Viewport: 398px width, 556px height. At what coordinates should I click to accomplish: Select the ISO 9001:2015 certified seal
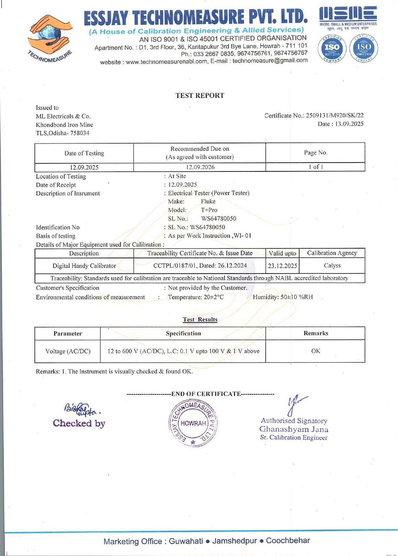pyautogui.click(x=332, y=48)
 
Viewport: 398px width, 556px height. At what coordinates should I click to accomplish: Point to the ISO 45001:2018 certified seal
pyautogui.click(x=363, y=48)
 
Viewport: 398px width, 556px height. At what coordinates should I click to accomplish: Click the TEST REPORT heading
pyautogui.click(x=200, y=96)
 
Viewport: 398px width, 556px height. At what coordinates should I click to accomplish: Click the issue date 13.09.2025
pyautogui.click(x=349, y=124)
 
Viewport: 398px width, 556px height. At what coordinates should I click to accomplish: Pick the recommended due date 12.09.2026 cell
pyautogui.click(x=200, y=167)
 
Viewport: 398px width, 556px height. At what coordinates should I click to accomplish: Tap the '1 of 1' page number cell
pyautogui.click(x=315, y=167)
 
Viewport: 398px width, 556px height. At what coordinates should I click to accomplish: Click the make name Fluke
pyautogui.click(x=208, y=201)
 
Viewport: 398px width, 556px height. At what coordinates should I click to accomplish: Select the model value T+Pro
pyautogui.click(x=209, y=210)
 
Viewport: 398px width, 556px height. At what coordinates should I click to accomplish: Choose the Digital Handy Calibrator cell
pyautogui.click(x=84, y=266)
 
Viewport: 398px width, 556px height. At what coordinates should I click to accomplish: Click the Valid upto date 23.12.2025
pyautogui.click(x=282, y=266)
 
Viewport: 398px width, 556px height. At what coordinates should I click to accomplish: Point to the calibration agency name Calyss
pyautogui.click(x=332, y=265)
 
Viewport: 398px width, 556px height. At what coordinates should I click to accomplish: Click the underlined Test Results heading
pyautogui.click(x=200, y=320)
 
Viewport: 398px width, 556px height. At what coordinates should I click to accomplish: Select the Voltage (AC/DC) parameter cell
pyautogui.click(x=68, y=351)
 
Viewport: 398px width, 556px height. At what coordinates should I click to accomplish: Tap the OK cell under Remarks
pyautogui.click(x=315, y=351)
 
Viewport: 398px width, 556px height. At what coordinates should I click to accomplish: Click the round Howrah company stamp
pyautogui.click(x=193, y=423)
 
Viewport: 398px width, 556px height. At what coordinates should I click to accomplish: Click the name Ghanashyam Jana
pyautogui.click(x=294, y=429)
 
